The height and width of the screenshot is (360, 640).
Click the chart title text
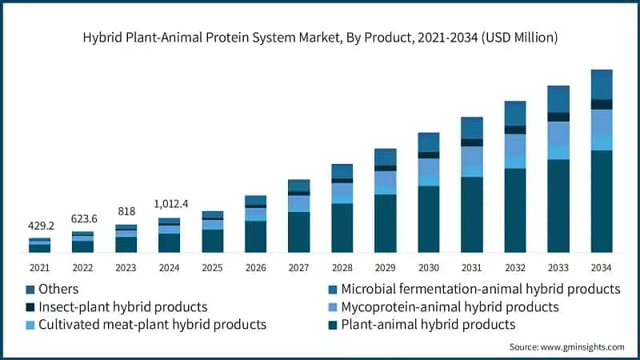coord(320,38)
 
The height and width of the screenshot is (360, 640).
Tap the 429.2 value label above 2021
coord(39,226)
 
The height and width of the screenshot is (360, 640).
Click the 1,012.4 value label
coord(169,205)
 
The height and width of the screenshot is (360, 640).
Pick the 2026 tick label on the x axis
coord(255,267)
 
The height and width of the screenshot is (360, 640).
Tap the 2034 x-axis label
coord(601,267)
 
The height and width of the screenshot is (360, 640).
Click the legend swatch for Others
coord(31,289)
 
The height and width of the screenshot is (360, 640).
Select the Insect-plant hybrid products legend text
coord(124,306)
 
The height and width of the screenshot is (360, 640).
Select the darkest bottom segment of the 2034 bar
coord(601,201)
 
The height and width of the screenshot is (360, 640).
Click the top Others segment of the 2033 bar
coord(558,98)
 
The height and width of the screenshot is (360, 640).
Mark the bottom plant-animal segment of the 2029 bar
coord(385,223)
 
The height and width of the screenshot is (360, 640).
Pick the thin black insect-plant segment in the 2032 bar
coord(514,130)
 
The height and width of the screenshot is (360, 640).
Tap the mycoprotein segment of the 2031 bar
coord(471,157)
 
